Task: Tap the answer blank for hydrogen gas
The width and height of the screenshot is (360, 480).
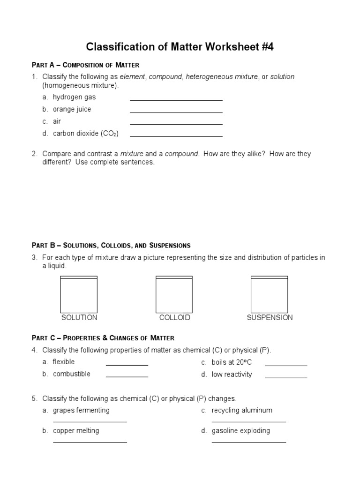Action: (176, 99)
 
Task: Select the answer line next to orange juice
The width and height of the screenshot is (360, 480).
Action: (176, 112)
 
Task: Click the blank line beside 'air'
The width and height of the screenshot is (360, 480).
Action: (176, 123)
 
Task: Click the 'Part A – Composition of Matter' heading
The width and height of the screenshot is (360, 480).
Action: (85, 65)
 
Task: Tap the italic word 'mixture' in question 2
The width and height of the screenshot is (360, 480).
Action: (132, 154)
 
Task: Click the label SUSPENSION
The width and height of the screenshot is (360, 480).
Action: (270, 318)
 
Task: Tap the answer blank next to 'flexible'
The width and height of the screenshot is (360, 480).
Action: (127, 364)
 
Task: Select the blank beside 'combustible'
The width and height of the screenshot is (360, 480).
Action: (127, 376)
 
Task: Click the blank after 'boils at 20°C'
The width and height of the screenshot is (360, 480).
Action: (286, 364)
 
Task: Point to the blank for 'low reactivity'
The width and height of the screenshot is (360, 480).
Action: (286, 376)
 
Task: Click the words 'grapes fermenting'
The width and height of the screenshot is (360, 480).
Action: (81, 410)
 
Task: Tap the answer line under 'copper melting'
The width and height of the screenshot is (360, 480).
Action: (90, 441)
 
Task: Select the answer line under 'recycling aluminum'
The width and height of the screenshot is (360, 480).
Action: (248, 421)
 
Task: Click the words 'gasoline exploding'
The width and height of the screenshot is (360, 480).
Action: (240, 430)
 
